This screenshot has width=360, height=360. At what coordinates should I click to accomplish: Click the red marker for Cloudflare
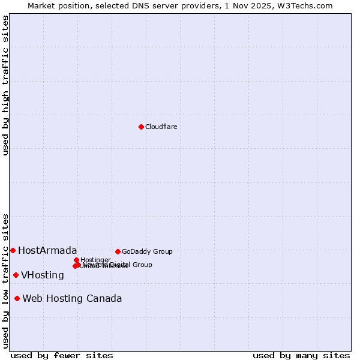(x=141, y=127)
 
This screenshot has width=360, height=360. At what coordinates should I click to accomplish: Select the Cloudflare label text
(x=161, y=127)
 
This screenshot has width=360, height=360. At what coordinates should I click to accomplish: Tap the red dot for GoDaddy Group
(x=118, y=251)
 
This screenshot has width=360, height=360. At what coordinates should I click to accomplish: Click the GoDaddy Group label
(x=147, y=251)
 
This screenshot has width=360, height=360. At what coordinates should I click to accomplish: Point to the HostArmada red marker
(x=13, y=250)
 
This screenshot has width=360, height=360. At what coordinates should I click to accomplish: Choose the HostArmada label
(x=47, y=250)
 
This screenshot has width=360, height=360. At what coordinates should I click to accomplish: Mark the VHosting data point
(x=16, y=275)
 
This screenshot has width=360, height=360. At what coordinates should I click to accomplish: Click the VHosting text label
(x=42, y=275)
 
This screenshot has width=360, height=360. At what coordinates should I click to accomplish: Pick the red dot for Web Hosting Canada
(x=17, y=298)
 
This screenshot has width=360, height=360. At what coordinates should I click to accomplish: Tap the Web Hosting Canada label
(x=72, y=298)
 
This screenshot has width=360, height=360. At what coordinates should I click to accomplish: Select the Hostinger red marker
(x=76, y=260)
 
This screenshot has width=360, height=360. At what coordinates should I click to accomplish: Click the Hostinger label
(x=95, y=260)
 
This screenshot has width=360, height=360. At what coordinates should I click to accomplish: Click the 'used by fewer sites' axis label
(x=62, y=355)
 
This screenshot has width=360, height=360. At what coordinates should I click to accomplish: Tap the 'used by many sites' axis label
(x=301, y=355)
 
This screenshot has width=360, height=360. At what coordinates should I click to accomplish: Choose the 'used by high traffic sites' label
(x=5, y=86)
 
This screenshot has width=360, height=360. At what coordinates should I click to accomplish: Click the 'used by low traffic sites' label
(x=5, y=281)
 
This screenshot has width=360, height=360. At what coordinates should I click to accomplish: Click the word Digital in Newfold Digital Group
(x=119, y=265)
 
